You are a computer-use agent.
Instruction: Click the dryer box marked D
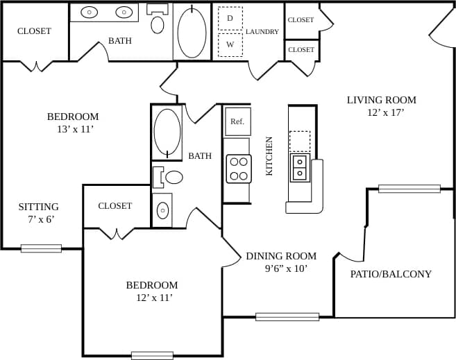tap(230, 18)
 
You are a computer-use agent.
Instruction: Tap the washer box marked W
tap(230, 44)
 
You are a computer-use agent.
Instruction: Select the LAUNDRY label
tap(262, 32)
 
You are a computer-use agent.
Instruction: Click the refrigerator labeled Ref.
tap(237, 121)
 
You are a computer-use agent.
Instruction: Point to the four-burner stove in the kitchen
tap(238, 169)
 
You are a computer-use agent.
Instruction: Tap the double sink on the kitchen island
tap(300, 167)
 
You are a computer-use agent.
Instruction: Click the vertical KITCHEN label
tap(269, 156)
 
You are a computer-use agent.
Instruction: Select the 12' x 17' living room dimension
tap(381, 112)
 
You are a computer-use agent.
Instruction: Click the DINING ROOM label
tap(281, 256)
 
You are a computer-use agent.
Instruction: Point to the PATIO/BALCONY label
tap(391, 274)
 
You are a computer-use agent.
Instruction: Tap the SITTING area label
tap(38, 207)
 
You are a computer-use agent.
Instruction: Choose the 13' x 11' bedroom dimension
tap(70, 129)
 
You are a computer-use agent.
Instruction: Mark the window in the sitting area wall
tap(41, 248)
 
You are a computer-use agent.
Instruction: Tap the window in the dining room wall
tap(287, 317)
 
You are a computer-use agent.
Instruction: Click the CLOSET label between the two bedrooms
tap(115, 206)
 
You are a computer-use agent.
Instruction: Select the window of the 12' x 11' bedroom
tap(152, 355)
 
